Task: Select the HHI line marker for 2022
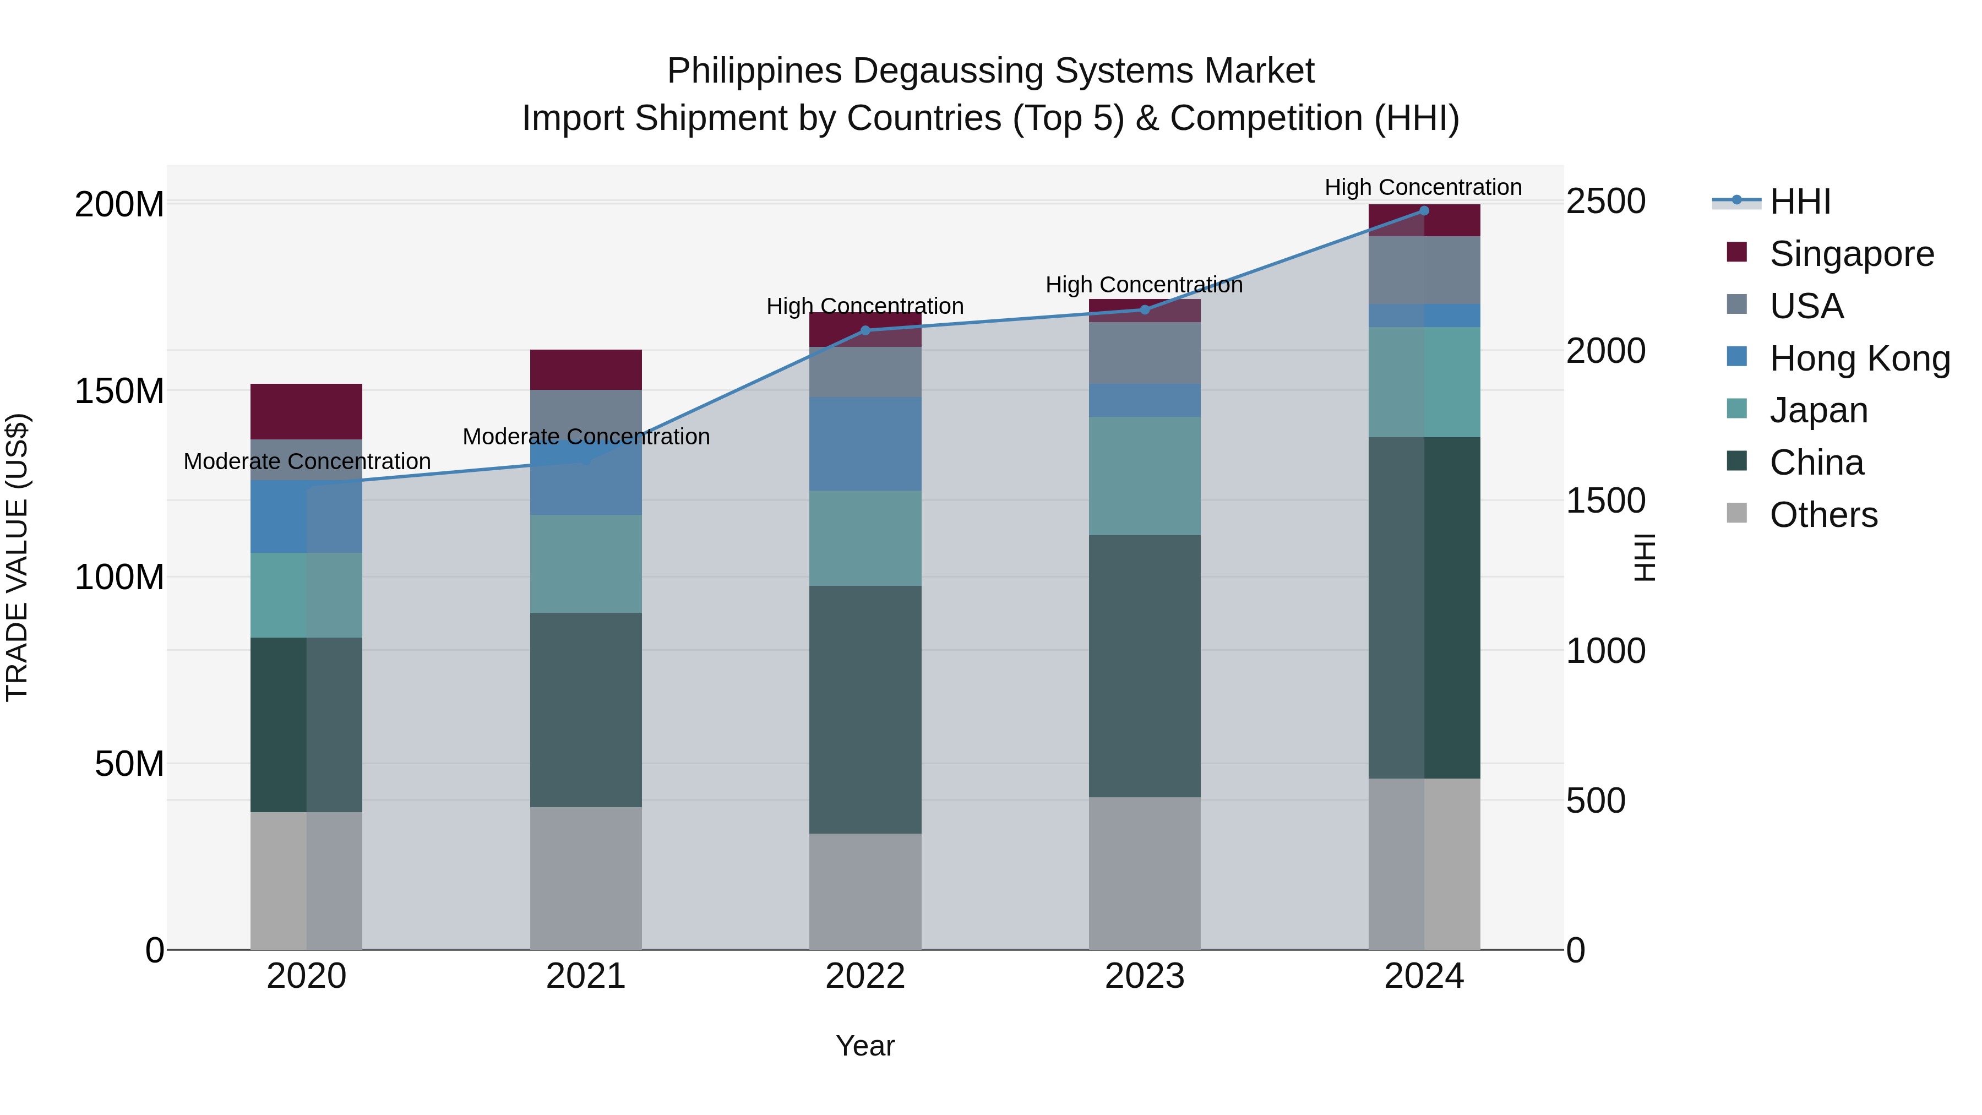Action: (865, 331)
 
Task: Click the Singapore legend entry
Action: (1851, 254)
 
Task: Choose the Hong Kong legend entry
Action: (1859, 358)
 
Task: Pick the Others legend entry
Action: (1823, 515)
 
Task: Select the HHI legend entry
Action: (1800, 202)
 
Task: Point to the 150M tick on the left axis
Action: (119, 391)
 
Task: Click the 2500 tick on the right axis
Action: (1606, 202)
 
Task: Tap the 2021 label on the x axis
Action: (586, 976)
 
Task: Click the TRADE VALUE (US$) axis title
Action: (17, 557)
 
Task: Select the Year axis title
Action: (865, 1046)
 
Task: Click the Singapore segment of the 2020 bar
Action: (306, 412)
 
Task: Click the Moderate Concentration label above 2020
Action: (307, 462)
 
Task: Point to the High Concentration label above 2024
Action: (1423, 187)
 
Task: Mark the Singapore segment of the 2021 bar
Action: (586, 369)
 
